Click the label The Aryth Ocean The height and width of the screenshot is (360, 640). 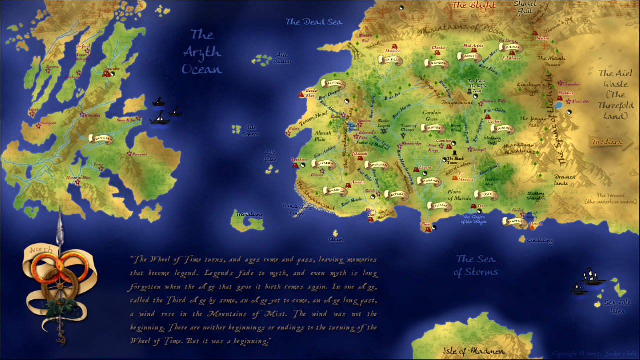click(x=202, y=51)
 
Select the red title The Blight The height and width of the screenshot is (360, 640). click(x=473, y=6)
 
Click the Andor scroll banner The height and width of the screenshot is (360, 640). click(x=436, y=128)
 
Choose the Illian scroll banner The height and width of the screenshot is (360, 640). click(x=439, y=205)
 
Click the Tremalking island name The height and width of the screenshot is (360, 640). click(x=247, y=215)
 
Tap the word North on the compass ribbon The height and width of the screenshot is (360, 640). click(x=38, y=249)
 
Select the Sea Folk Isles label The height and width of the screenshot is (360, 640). click(x=617, y=306)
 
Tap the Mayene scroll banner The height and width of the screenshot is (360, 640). click(x=514, y=221)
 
